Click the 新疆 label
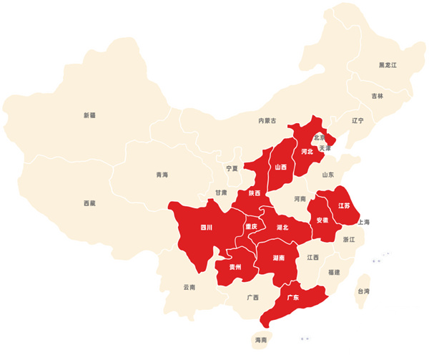(x=89, y=115)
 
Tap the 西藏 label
(x=89, y=203)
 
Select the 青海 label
(x=162, y=175)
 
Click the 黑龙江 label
(x=388, y=65)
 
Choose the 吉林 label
(x=377, y=96)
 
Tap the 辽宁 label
(x=357, y=121)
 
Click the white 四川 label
(x=207, y=228)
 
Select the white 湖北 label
(x=282, y=228)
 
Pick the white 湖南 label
(x=280, y=258)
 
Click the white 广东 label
(x=292, y=297)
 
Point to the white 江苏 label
(x=344, y=206)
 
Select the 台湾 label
(x=364, y=291)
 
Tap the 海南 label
(x=260, y=339)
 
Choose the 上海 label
(x=363, y=223)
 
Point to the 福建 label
(x=334, y=272)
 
